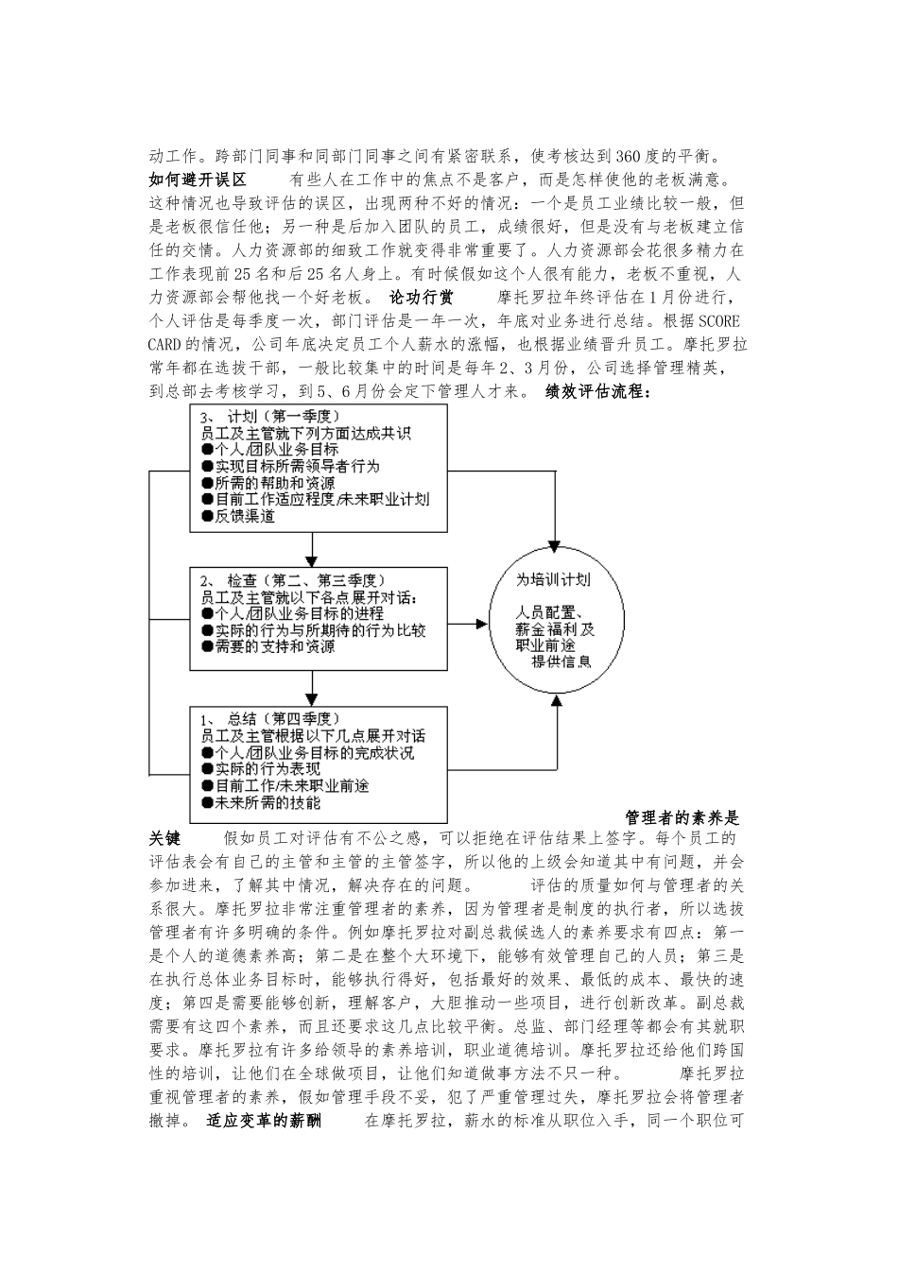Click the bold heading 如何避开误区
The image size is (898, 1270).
198,179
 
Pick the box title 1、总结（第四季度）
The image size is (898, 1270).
269,718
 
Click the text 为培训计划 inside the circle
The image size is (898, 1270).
554,579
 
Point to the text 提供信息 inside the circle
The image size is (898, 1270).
561,661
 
